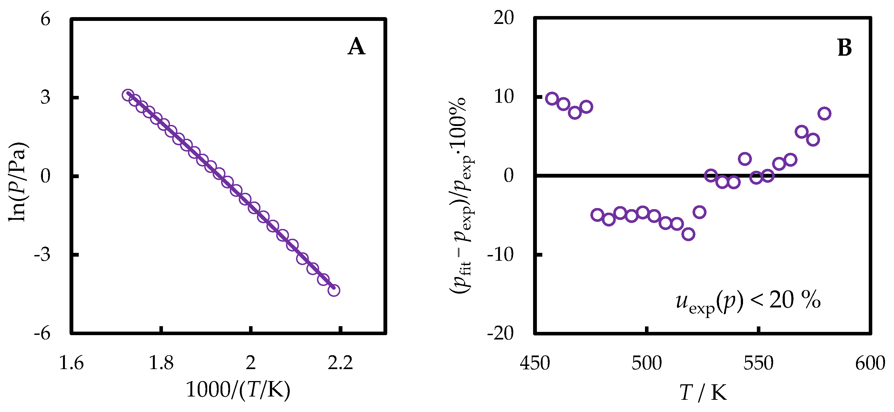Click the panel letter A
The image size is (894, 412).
pos(356,48)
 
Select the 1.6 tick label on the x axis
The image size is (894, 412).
pos(71,363)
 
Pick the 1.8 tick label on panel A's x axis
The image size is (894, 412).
pos(161,363)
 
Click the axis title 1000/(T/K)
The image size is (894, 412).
pos(238,389)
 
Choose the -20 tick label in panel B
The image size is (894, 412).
pos(500,334)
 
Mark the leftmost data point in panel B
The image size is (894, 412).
pos(552,99)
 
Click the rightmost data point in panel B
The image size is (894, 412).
pos(824,114)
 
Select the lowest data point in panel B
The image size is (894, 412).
pos(688,234)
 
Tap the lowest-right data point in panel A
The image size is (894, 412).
pos(333,290)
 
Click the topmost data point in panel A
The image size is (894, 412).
pos(128,95)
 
